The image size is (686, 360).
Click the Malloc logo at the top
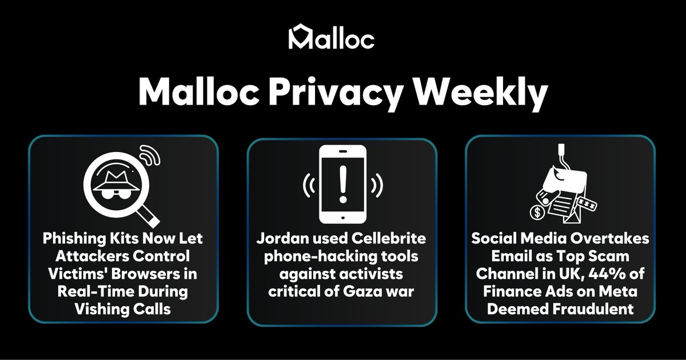[x=332, y=38]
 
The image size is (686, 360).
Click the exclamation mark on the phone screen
[x=342, y=182]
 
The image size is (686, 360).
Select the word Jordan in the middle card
[x=285, y=238]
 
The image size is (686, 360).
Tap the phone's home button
[x=342, y=216]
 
